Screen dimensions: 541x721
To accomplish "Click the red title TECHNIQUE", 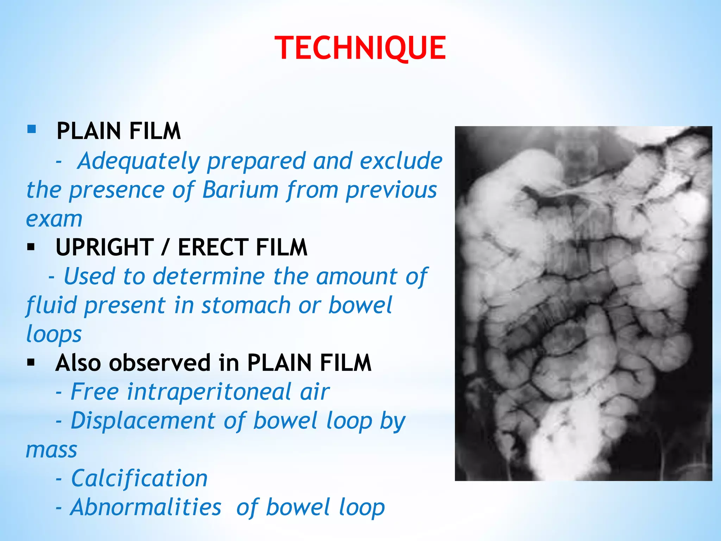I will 360,48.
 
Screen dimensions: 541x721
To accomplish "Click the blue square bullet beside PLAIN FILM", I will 31,129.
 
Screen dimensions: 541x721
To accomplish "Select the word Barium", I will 240,190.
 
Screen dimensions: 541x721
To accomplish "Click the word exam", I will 54,219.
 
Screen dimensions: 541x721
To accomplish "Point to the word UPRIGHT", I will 105,247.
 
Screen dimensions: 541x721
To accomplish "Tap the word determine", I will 208,276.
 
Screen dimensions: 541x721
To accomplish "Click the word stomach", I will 245,305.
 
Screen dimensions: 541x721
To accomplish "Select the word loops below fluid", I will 54,334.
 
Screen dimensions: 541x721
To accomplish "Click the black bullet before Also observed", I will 31,362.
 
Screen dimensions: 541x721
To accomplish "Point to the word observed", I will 159,363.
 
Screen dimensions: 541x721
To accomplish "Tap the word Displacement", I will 143,421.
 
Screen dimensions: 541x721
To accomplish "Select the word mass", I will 51,450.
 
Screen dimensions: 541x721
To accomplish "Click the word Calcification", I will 139,479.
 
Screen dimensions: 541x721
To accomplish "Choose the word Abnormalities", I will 146,508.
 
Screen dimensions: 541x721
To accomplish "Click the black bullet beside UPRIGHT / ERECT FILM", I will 31,247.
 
